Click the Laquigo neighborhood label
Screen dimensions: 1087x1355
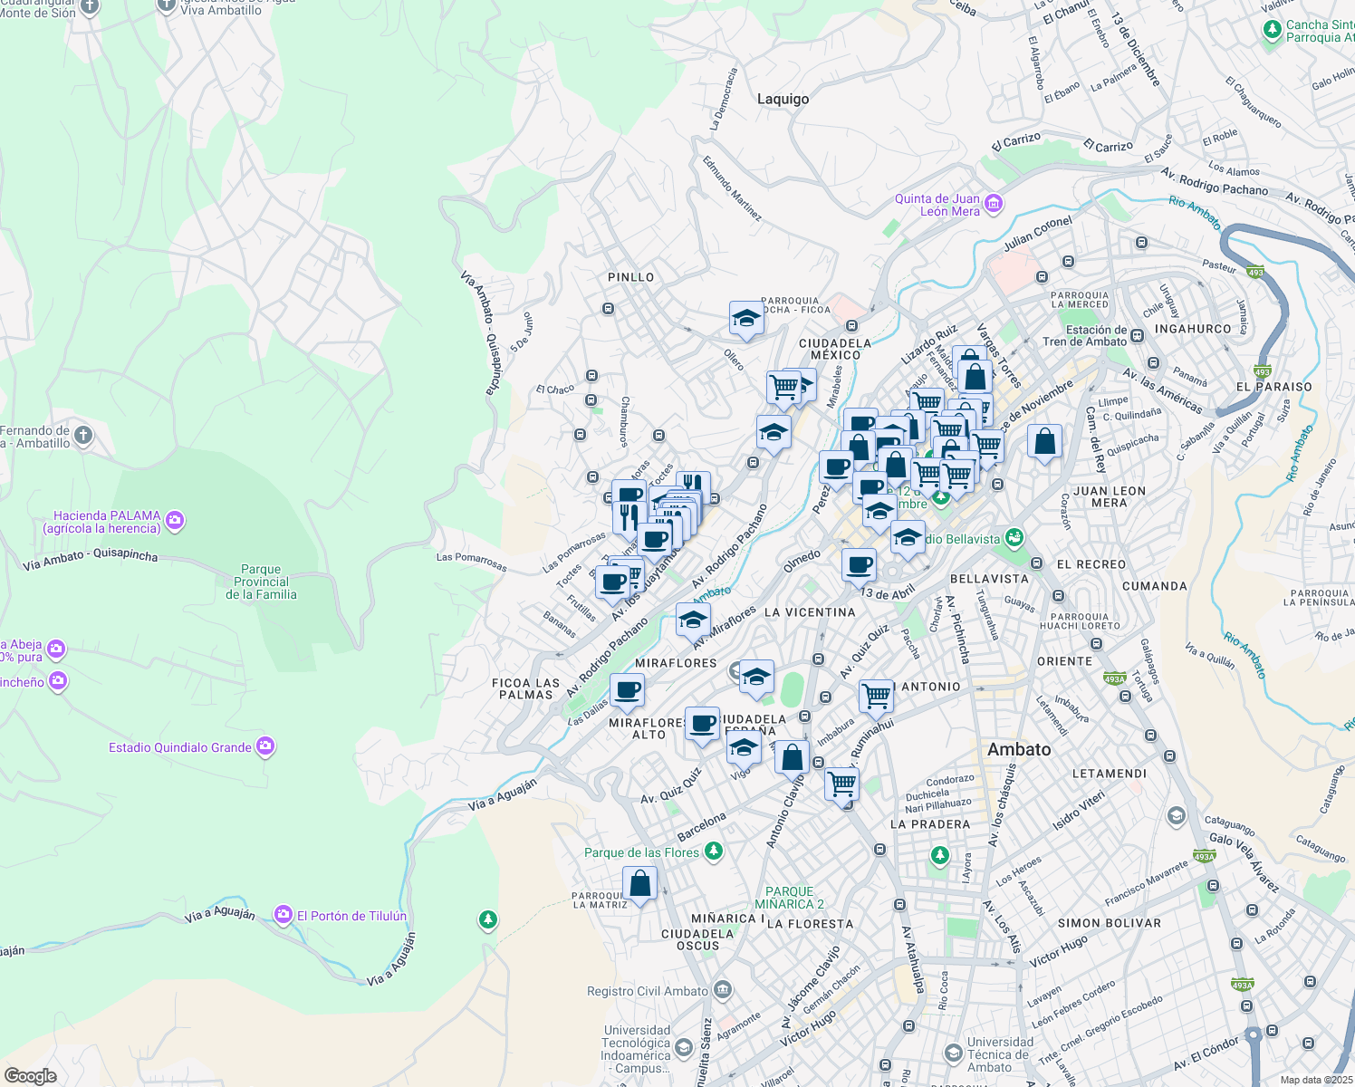pos(783,99)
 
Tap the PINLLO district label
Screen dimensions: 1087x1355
pos(630,277)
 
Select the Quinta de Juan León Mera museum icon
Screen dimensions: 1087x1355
pos(994,203)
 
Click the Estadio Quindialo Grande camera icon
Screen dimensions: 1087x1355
pos(265,746)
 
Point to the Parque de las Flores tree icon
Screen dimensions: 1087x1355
pos(714,851)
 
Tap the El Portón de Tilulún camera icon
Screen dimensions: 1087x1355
pos(283,915)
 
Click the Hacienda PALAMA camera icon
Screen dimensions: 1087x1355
pos(175,520)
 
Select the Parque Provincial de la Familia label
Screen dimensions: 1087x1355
pos(261,582)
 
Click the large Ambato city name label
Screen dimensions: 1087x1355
pos(1019,749)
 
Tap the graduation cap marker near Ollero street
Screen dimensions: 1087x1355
pos(745,319)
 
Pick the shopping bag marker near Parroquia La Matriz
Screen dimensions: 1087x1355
pos(639,883)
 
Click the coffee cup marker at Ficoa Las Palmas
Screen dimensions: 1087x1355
pos(627,691)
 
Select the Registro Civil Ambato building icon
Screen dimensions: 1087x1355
pos(722,989)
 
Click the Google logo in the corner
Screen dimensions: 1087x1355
pos(30,1075)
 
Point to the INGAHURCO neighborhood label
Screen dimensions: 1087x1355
pos(1193,329)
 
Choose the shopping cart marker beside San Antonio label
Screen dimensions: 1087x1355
pos(876,697)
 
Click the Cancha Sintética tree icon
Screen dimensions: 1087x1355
pos(1273,30)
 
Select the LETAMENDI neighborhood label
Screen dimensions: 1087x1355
pos(1109,774)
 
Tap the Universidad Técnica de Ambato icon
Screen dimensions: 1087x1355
pos(953,1053)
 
